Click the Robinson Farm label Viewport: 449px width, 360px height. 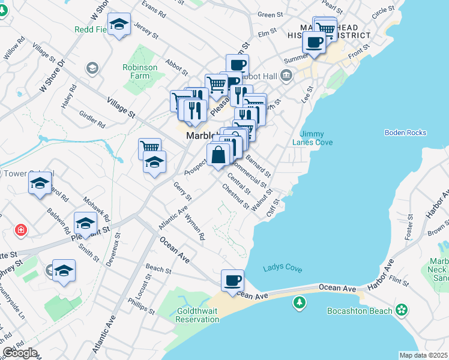coord(139,72)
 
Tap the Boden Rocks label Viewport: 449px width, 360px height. coord(405,133)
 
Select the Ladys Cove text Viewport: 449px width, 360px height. coord(282,269)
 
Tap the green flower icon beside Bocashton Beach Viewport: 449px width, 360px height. coord(402,310)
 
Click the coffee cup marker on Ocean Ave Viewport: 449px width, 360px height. coord(232,280)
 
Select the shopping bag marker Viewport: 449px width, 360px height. coord(218,154)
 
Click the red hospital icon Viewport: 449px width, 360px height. coord(21,230)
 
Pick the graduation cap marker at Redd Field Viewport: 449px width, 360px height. coord(121,25)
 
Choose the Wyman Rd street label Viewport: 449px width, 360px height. coord(195,227)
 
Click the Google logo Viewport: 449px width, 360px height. coord(20,353)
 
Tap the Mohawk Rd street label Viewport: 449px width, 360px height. coord(96,207)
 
